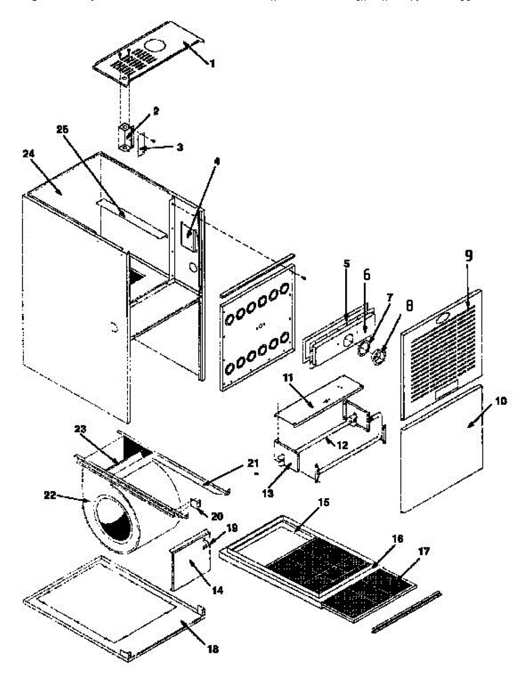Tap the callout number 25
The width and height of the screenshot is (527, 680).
[x=62, y=129]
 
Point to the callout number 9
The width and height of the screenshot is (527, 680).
[x=469, y=256]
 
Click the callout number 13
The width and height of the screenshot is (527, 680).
[x=268, y=494]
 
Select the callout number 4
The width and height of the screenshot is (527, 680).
[x=215, y=161]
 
